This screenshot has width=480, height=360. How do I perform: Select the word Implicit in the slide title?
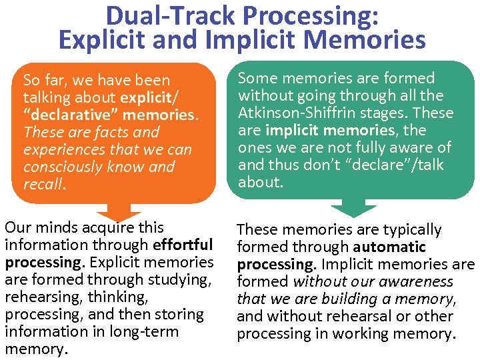[x=244, y=40]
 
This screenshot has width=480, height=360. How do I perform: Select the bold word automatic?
[x=389, y=247]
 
